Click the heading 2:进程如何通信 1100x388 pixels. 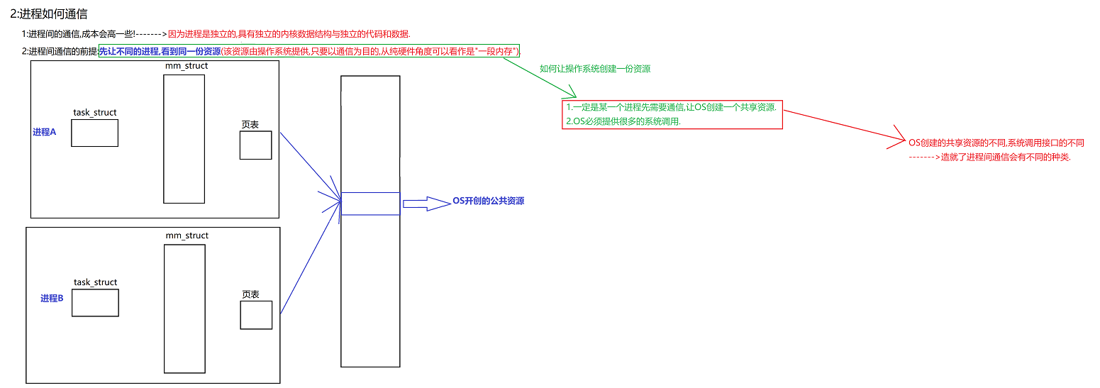49,14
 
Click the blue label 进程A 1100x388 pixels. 44,132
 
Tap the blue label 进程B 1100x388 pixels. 52,299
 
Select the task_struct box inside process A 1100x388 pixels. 94,133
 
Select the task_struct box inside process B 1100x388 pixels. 95,303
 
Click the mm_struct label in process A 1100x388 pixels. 187,66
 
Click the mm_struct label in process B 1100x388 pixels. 187,235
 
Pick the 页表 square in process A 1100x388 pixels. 255,145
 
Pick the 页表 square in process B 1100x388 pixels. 256,315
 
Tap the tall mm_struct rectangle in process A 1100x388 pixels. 184,139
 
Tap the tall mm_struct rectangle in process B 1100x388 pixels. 184,308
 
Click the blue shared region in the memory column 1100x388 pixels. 370,204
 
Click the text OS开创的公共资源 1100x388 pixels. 489,201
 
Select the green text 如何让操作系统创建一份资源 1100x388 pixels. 595,70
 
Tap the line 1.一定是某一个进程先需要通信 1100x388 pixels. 671,107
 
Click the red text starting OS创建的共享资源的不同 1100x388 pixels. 996,143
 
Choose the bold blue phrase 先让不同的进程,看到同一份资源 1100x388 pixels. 160,51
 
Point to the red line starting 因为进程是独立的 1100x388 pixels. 289,34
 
